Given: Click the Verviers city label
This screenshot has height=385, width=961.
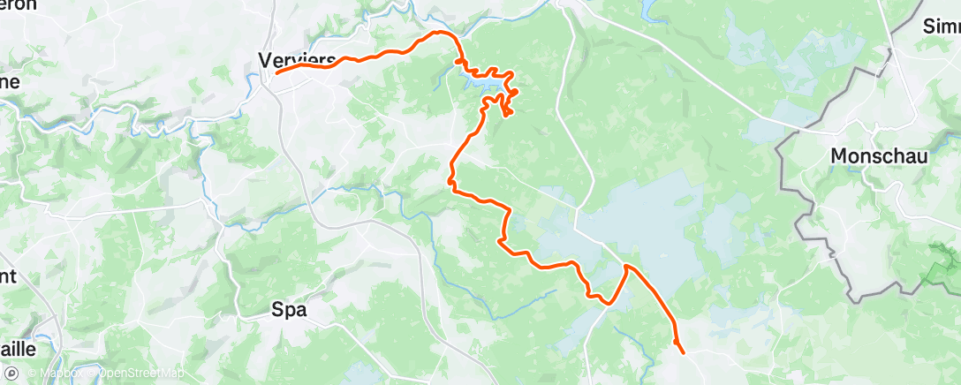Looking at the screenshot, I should (297, 59).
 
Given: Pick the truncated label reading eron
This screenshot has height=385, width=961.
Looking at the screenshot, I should (19, 4).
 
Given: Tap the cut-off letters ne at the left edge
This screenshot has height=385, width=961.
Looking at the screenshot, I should (10, 80).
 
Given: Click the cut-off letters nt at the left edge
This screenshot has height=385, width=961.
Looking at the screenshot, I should (9, 276).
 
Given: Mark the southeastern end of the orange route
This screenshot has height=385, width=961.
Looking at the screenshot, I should (684, 353).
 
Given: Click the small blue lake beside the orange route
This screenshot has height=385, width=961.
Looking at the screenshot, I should (483, 83).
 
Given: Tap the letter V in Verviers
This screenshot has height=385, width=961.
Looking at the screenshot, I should (264, 59).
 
